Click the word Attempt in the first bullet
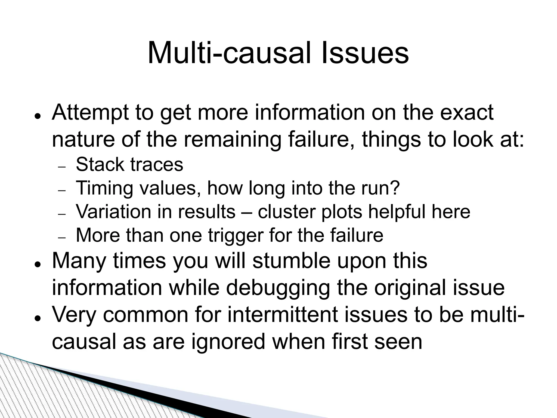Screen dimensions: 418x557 (x=90, y=113)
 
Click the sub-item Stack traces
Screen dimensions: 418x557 (x=129, y=165)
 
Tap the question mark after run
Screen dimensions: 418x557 (x=395, y=188)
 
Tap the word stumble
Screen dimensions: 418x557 (x=291, y=261)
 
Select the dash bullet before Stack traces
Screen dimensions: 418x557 (x=62, y=167)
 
